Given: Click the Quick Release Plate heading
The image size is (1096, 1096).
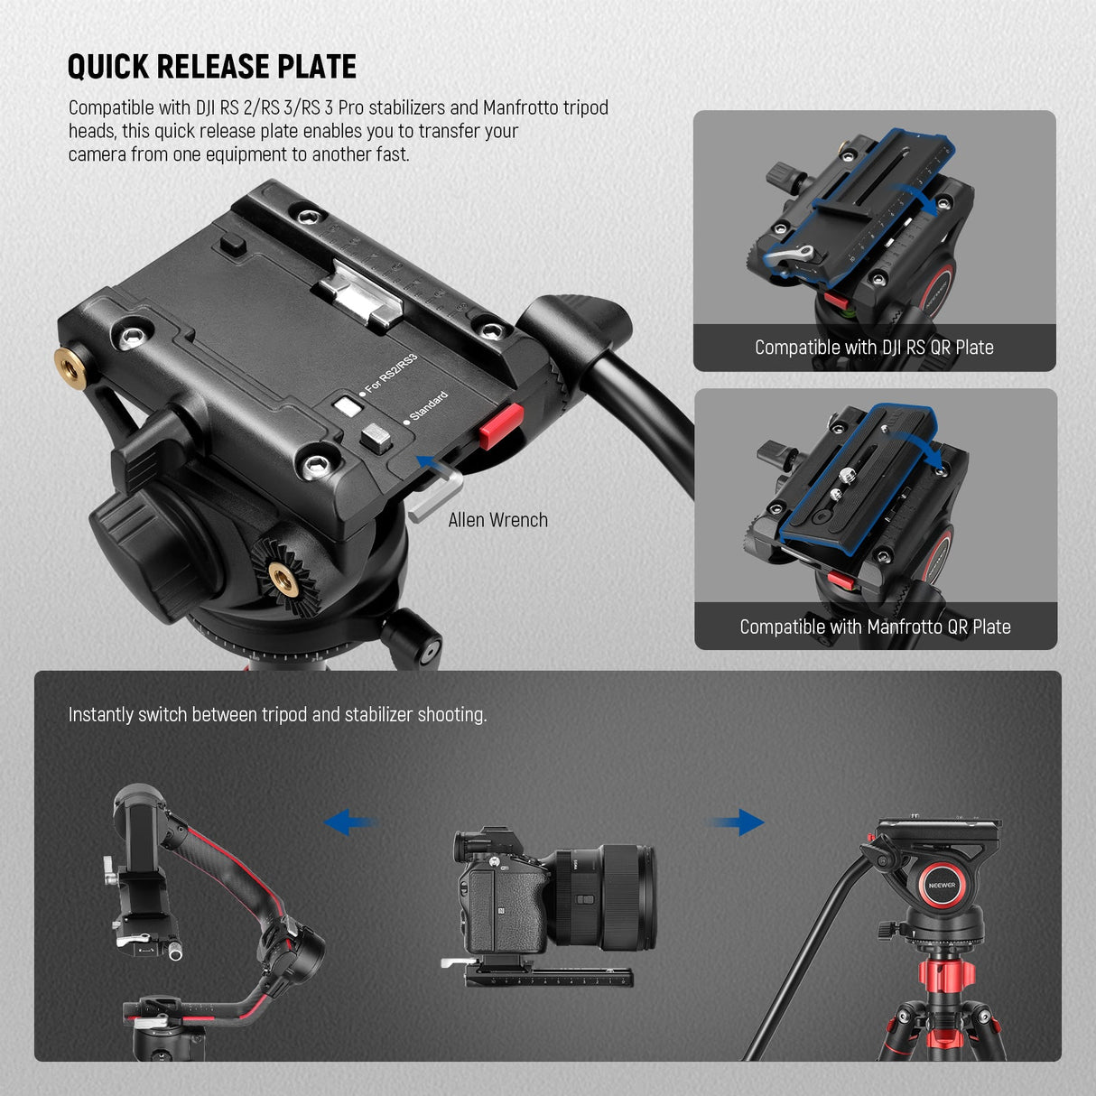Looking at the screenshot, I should (x=212, y=67).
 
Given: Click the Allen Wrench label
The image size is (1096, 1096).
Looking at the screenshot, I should (x=497, y=520).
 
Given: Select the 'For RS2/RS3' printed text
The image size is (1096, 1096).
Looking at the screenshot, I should (x=390, y=374).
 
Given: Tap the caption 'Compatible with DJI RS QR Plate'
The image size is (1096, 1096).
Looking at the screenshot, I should (x=874, y=348).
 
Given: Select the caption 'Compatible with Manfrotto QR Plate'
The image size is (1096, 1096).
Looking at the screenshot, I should (x=875, y=627).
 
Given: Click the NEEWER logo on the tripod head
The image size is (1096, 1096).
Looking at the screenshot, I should (x=942, y=886).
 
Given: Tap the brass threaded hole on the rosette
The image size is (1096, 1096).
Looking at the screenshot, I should (x=279, y=573).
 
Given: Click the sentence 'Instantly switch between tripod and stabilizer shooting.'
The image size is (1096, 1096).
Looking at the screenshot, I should (x=277, y=715).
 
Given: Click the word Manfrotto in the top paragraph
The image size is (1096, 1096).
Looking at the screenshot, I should (x=521, y=107).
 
